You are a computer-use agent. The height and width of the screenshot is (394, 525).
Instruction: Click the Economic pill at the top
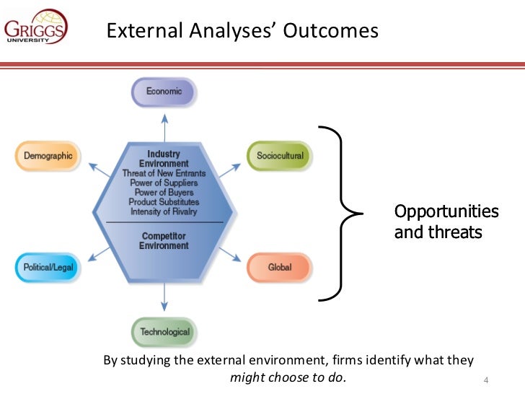tap(164, 92)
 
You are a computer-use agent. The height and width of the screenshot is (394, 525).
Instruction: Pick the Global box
tap(279, 267)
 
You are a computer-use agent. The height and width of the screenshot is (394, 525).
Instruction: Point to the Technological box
tap(164, 332)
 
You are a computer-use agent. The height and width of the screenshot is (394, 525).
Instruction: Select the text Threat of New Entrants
tap(164, 173)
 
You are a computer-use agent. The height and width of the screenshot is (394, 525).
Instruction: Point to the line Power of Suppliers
tap(164, 183)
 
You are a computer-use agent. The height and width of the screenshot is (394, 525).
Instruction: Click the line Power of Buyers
tap(164, 193)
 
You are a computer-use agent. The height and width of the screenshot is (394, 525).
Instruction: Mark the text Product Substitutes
tap(164, 202)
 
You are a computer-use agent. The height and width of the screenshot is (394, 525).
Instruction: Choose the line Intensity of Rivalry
tap(164, 212)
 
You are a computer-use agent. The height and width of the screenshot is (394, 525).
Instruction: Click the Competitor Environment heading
tap(164, 241)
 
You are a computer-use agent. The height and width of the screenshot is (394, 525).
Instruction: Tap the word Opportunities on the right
tap(446, 212)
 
